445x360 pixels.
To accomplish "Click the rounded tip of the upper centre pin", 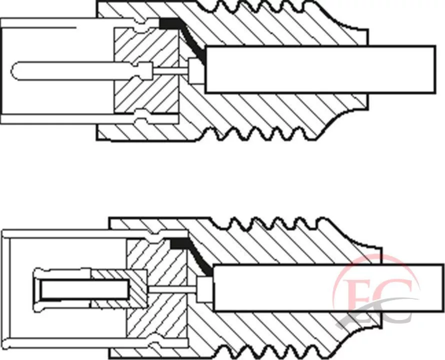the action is (x=12, y=70).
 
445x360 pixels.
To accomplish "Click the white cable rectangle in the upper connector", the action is (x=320, y=69).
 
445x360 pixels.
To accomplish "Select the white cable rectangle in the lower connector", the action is (x=328, y=287).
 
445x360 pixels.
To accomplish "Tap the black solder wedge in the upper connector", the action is (x=181, y=34).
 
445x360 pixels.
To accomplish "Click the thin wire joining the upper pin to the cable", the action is (x=170, y=70).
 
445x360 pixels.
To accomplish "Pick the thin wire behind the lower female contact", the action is (x=172, y=289).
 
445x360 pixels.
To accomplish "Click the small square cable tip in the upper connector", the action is (x=196, y=70).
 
